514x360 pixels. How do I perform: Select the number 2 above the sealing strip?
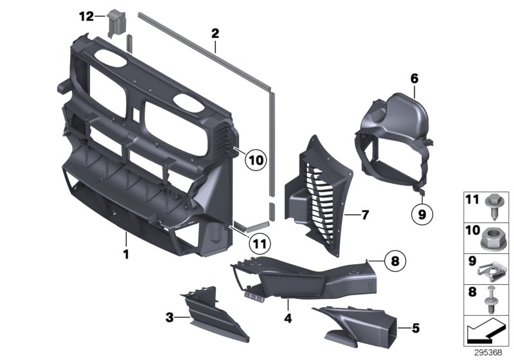point(215,32)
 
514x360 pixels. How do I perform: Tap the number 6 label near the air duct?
point(414,78)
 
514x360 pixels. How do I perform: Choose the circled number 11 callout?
point(258,244)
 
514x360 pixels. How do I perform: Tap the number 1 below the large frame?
point(127,255)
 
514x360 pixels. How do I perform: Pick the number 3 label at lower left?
point(169,317)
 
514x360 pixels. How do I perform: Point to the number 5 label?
point(415,328)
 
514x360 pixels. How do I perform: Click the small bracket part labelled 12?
point(116,21)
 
